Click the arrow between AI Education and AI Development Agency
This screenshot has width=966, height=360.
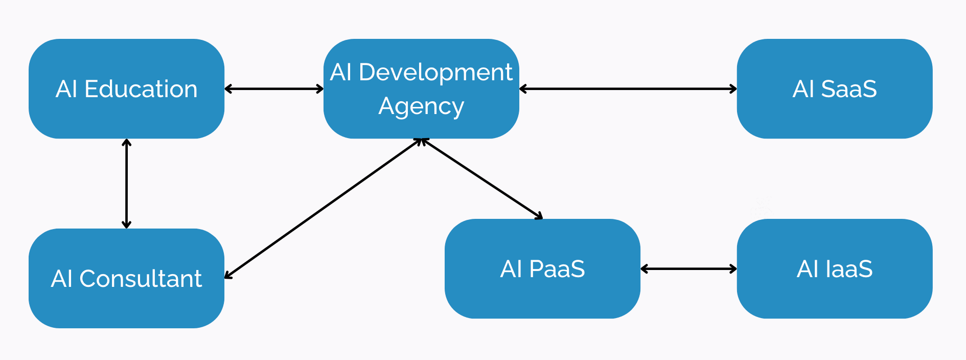pyautogui.click(x=274, y=89)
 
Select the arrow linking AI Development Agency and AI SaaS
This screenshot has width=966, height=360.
pyautogui.click(x=628, y=89)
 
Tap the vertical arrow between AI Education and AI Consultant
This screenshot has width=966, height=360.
pyautogui.click(x=126, y=183)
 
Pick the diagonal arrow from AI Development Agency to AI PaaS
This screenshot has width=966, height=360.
pyautogui.click(x=481, y=178)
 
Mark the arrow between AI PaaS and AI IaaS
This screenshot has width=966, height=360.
pyautogui.click(x=688, y=269)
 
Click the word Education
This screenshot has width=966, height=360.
pyautogui.click(x=141, y=89)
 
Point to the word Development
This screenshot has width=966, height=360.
pyautogui.click(x=435, y=72)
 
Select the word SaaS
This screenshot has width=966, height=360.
pyautogui.click(x=848, y=89)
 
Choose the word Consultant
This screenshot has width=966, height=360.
pyautogui.click(x=141, y=279)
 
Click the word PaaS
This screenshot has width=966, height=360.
pyautogui.click(x=557, y=269)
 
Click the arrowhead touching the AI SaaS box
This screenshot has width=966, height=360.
pyautogui.click(x=733, y=89)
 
